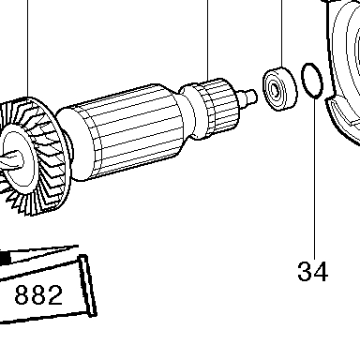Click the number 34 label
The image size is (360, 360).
313,271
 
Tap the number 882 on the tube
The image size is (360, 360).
38,295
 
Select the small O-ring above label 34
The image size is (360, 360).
311,81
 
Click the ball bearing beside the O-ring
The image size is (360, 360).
279,89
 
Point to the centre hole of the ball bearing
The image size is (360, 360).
275,91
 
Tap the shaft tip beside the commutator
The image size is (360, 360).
249,96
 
